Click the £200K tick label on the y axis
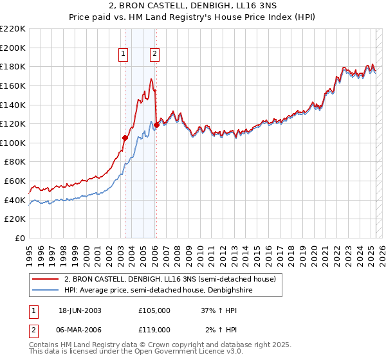13,48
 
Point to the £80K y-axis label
15,162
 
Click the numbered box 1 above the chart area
123,55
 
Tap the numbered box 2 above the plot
155,55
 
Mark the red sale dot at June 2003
125,138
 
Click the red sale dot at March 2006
156,125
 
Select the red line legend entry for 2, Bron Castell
170,279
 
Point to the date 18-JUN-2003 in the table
80,310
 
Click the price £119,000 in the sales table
154,329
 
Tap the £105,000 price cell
154,310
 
